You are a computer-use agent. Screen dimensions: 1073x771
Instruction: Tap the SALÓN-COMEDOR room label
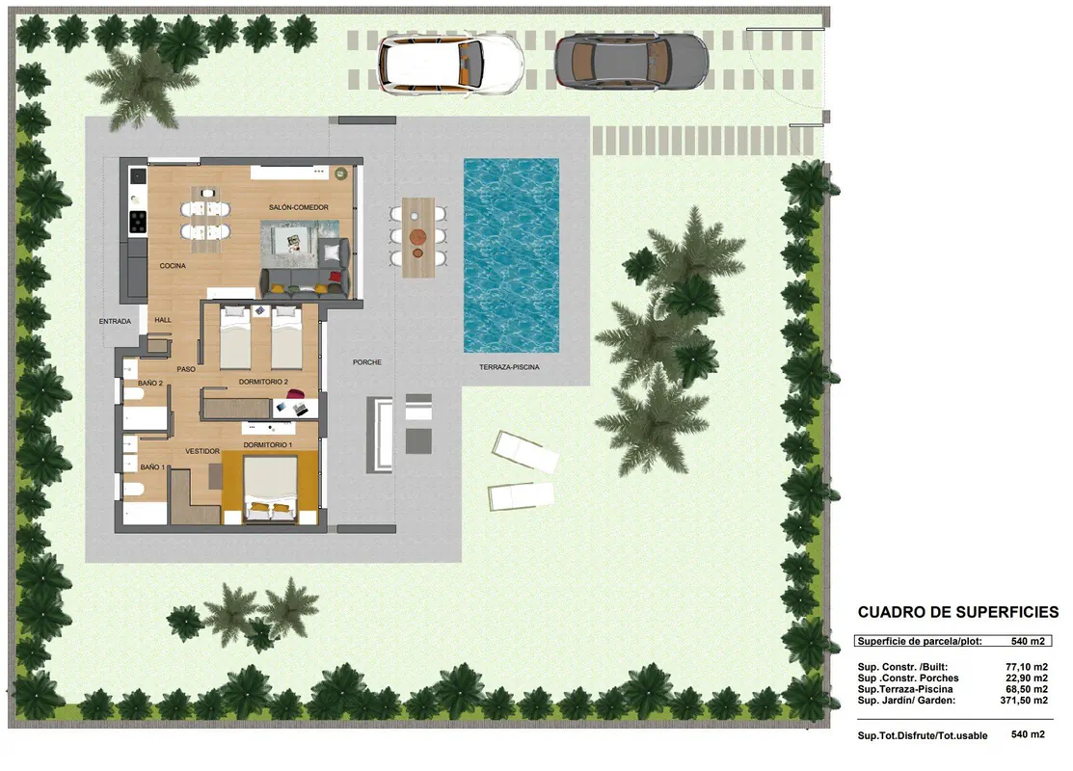(298, 207)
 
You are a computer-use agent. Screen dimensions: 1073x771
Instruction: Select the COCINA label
(173, 266)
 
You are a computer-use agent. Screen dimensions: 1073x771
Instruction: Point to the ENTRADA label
(115, 322)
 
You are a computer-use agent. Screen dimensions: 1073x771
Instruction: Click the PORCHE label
(367, 362)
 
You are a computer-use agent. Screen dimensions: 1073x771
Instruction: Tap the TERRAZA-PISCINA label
(509, 367)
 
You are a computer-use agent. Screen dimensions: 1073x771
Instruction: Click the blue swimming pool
(512, 255)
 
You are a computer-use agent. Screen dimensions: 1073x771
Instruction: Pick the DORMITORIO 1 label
(268, 445)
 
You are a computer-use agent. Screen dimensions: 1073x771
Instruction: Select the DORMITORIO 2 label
(263, 383)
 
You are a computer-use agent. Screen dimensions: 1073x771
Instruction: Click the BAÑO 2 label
(150, 384)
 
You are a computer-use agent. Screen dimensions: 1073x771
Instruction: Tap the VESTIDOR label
(202, 452)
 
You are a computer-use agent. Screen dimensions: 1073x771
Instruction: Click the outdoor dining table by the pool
(418, 237)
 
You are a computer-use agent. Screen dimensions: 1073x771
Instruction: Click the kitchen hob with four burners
(138, 222)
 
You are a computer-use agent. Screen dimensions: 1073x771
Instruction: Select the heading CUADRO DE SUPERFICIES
(958, 612)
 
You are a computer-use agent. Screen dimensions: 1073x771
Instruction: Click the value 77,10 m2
(1027, 667)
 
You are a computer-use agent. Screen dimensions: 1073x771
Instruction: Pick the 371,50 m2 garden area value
(1024, 701)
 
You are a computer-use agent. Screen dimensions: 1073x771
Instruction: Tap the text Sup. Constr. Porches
(908, 678)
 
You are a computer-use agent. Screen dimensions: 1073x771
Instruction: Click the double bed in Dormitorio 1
(271, 487)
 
